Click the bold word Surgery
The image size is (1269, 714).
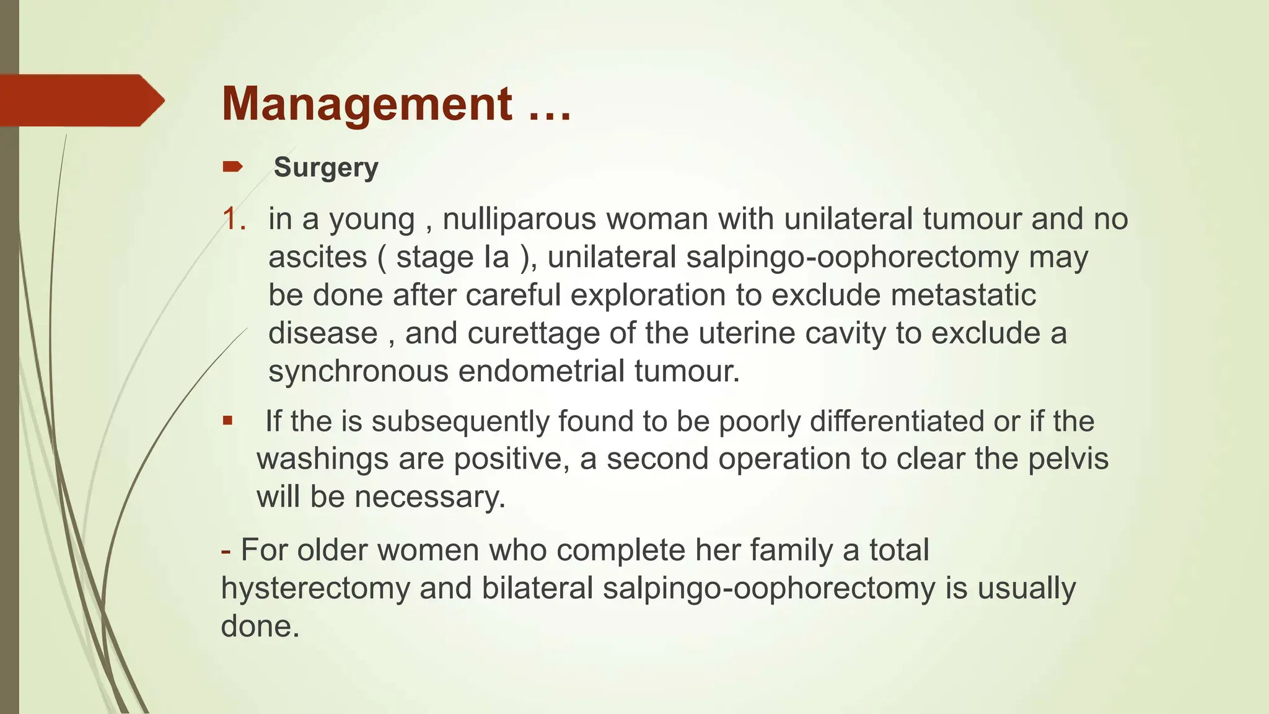326,168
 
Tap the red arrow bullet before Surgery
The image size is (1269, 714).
232,166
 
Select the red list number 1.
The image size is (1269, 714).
233,219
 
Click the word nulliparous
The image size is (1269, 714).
519,219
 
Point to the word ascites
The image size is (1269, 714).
317,257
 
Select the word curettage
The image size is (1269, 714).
533,333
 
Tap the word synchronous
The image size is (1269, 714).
358,372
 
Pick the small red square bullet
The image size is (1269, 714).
228,421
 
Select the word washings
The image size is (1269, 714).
322,459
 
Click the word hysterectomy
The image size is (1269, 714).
315,588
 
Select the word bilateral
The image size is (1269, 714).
537,588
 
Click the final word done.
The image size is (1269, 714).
260,627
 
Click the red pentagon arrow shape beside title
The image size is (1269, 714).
81,100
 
